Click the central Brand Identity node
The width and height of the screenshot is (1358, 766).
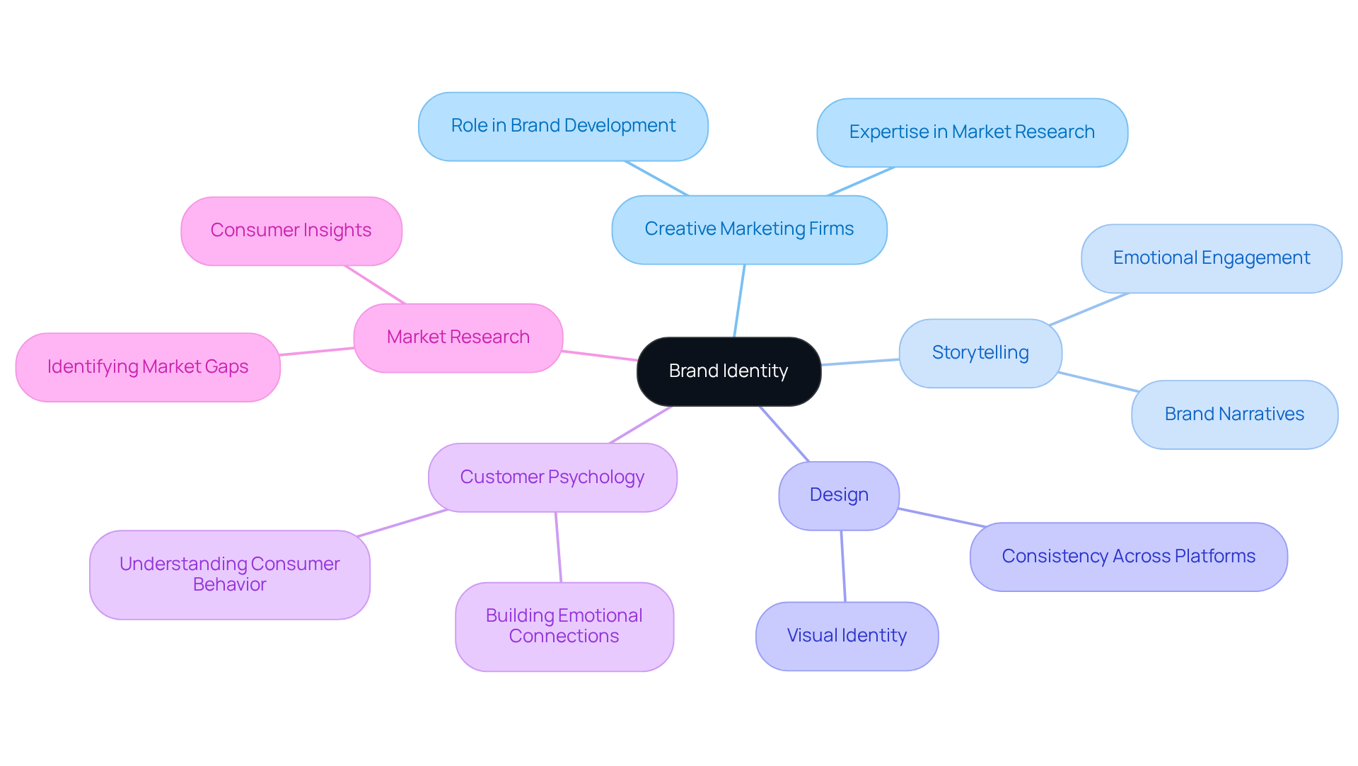pyautogui.click(x=729, y=371)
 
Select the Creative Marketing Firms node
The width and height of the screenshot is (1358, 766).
pyautogui.click(x=749, y=229)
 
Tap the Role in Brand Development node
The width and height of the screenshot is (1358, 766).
pyautogui.click(x=563, y=126)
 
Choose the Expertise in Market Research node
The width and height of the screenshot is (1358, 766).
pyautogui.click(x=972, y=132)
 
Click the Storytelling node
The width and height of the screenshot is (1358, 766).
pyautogui.click(x=980, y=353)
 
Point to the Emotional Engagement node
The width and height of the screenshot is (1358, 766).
pyautogui.click(x=1211, y=258)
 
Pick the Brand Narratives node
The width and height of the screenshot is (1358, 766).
pyautogui.click(x=1234, y=414)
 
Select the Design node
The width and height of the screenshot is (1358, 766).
pyautogui.click(x=839, y=495)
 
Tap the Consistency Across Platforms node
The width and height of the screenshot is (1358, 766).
pyautogui.click(x=1128, y=557)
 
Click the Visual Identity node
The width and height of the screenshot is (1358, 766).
pyautogui.click(x=847, y=636)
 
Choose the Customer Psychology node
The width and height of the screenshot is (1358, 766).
pyautogui.click(x=552, y=477)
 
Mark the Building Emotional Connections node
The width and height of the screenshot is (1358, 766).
pyautogui.click(x=564, y=627)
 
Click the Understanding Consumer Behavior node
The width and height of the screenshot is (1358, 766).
pyautogui.click(x=230, y=574)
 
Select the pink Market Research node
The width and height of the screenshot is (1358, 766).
pyautogui.click(x=458, y=337)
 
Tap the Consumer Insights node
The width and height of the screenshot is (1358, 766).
pyautogui.click(x=291, y=231)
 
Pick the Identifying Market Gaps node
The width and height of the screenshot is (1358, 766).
pyautogui.click(x=148, y=367)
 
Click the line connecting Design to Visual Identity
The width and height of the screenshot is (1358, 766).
pyautogui.click(x=843, y=566)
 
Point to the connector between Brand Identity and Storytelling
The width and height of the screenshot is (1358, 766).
pyautogui.click(x=860, y=362)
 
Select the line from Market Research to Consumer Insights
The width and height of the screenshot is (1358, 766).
pyautogui.click(x=375, y=284)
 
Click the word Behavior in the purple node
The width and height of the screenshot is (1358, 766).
pyautogui.click(x=230, y=585)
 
